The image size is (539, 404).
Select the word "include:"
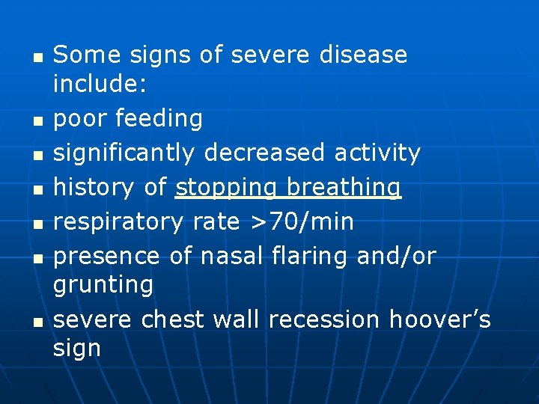[x=100, y=85]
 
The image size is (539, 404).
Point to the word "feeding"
[x=169, y=118]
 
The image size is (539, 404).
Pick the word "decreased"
[x=264, y=153]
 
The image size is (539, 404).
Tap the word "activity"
[x=377, y=153]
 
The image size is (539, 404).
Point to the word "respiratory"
[x=118, y=222]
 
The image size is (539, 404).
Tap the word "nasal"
[x=232, y=256]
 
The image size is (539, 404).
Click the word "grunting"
[x=103, y=285]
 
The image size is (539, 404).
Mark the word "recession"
[x=324, y=319]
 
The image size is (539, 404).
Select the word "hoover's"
[x=439, y=319]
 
